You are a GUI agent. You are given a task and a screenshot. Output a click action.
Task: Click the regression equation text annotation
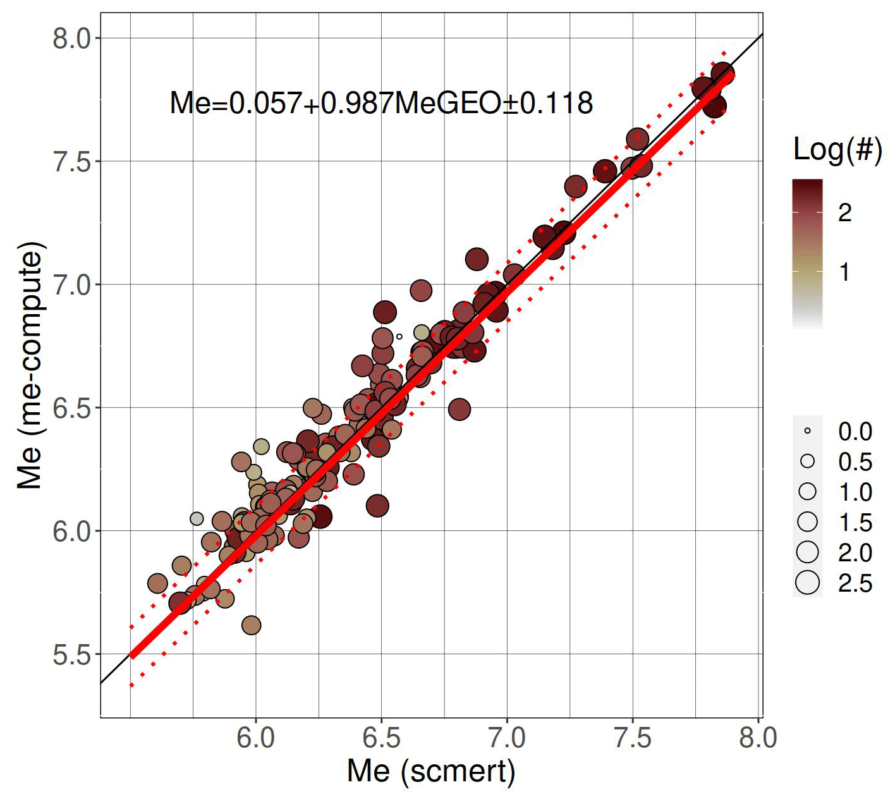pyautogui.click(x=381, y=103)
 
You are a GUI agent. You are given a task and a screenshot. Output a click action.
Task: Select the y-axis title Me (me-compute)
pyautogui.click(x=30, y=365)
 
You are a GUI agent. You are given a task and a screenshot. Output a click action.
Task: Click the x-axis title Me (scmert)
pyautogui.click(x=431, y=771)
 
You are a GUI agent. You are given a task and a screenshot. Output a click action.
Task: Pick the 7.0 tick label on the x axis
pyautogui.click(x=507, y=738)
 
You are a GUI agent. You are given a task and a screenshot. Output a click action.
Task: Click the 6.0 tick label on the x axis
pyautogui.click(x=256, y=738)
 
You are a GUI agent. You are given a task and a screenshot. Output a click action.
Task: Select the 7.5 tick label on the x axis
pyautogui.click(x=633, y=738)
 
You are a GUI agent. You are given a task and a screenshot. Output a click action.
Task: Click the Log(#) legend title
pyautogui.click(x=837, y=150)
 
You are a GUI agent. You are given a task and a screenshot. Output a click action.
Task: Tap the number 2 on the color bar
pyautogui.click(x=844, y=213)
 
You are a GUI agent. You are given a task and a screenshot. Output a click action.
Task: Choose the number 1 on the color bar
pyautogui.click(x=844, y=272)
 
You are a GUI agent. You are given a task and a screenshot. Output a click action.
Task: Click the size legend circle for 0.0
pyautogui.click(x=807, y=431)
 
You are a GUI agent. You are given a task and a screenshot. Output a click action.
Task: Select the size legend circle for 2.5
pyautogui.click(x=807, y=582)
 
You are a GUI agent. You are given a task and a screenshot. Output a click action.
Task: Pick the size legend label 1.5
pyautogui.click(x=855, y=523)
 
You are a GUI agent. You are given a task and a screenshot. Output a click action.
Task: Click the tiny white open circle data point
pyautogui.click(x=399, y=336)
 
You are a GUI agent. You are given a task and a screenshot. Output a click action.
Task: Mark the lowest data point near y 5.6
pyautogui.click(x=251, y=625)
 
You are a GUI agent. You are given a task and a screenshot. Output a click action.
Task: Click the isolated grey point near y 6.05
pyautogui.click(x=197, y=518)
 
